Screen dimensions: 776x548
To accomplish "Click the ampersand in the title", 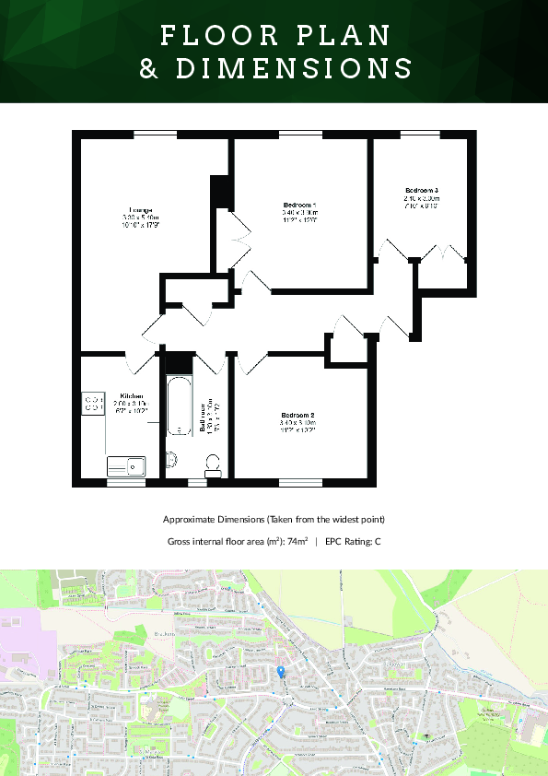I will click(148, 69).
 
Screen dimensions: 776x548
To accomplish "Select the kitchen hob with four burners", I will click(93, 403).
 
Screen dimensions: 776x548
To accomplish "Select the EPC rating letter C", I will click(378, 541).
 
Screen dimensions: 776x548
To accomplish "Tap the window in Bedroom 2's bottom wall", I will click(299, 481).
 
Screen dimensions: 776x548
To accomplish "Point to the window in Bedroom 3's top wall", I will click(420, 134).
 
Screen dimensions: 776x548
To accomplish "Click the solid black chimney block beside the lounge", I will click(219, 191).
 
